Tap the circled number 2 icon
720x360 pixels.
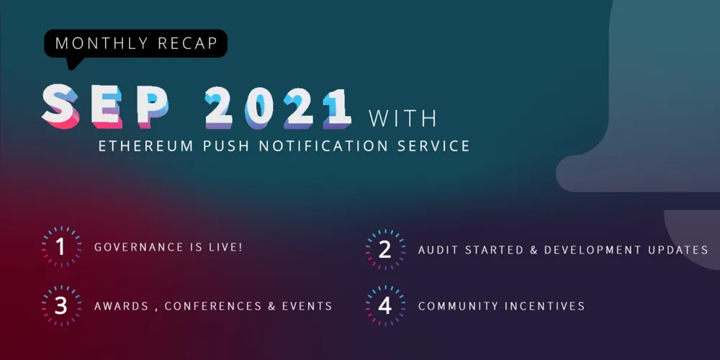click(384, 249)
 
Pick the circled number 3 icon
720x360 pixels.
click(60, 305)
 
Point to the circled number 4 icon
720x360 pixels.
click(384, 305)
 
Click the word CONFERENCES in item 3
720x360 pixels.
click(211, 306)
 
